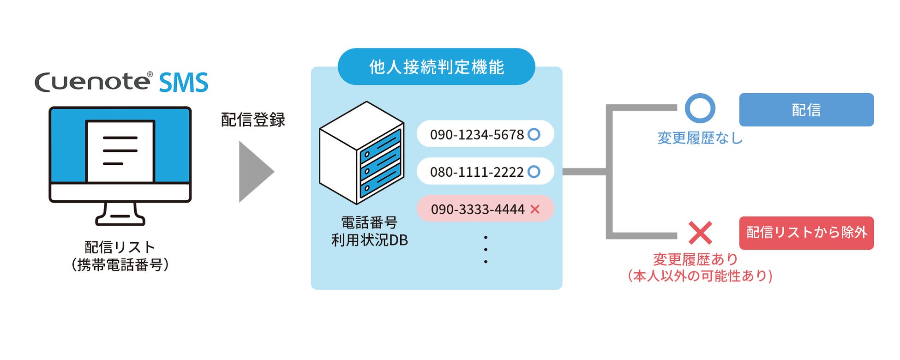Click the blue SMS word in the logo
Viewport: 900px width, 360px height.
click(x=183, y=83)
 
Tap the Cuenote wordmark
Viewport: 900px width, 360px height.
click(x=92, y=82)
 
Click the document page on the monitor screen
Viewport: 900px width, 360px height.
click(x=120, y=151)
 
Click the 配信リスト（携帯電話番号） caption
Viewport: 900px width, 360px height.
click(x=120, y=256)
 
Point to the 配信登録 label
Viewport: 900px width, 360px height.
click(x=253, y=120)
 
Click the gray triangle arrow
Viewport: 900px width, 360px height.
click(x=255, y=172)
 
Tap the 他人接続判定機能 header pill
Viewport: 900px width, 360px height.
click(x=436, y=67)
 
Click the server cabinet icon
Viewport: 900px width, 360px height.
click(x=362, y=153)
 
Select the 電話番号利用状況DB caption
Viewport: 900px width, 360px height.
click(x=369, y=231)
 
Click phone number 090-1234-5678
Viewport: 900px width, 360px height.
click(x=477, y=134)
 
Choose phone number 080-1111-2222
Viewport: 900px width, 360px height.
click(x=477, y=172)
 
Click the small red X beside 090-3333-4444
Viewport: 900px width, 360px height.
click(x=535, y=209)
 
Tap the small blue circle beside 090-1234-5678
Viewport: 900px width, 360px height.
click(x=534, y=134)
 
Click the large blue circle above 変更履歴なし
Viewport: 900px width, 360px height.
click(x=700, y=108)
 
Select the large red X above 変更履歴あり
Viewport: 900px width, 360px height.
click(x=700, y=233)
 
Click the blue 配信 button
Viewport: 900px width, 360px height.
click(x=806, y=110)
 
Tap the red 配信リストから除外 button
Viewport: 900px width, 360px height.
click(x=806, y=233)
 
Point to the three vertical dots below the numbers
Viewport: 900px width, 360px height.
click(x=486, y=250)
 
